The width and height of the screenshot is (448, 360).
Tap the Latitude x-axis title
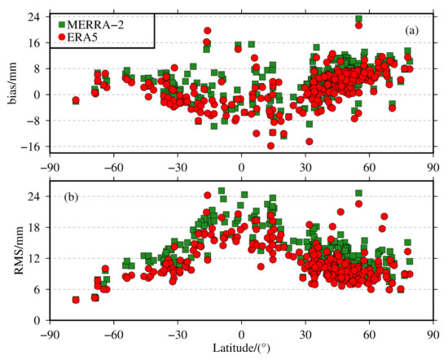point(243,349)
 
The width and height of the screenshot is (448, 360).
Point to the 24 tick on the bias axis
point(36,15)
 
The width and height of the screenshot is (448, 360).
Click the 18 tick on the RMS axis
point(36,227)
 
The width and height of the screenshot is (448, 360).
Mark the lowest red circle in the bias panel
point(270,146)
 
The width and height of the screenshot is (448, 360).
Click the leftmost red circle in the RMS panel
point(76,300)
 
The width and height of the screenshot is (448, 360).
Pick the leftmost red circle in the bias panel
point(76,101)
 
